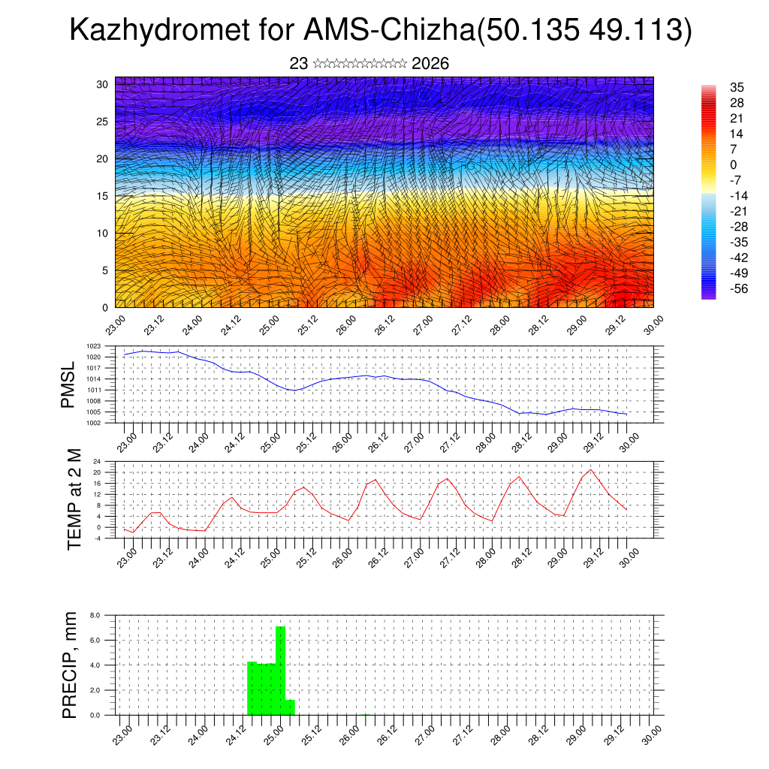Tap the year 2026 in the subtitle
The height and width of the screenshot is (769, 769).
click(430, 64)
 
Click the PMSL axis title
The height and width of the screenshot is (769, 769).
click(68, 384)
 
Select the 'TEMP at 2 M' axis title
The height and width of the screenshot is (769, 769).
click(74, 499)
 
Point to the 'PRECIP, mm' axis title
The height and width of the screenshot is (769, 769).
click(70, 665)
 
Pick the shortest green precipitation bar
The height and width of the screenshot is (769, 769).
click(290, 707)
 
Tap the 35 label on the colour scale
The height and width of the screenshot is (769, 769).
click(737, 87)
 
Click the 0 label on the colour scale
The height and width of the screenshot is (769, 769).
click(734, 165)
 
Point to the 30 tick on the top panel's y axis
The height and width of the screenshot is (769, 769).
click(102, 84)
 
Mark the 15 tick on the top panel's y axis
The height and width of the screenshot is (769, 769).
click(102, 196)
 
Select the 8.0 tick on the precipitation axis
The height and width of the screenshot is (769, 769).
click(95, 615)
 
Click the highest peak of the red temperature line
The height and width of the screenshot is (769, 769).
click(591, 470)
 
